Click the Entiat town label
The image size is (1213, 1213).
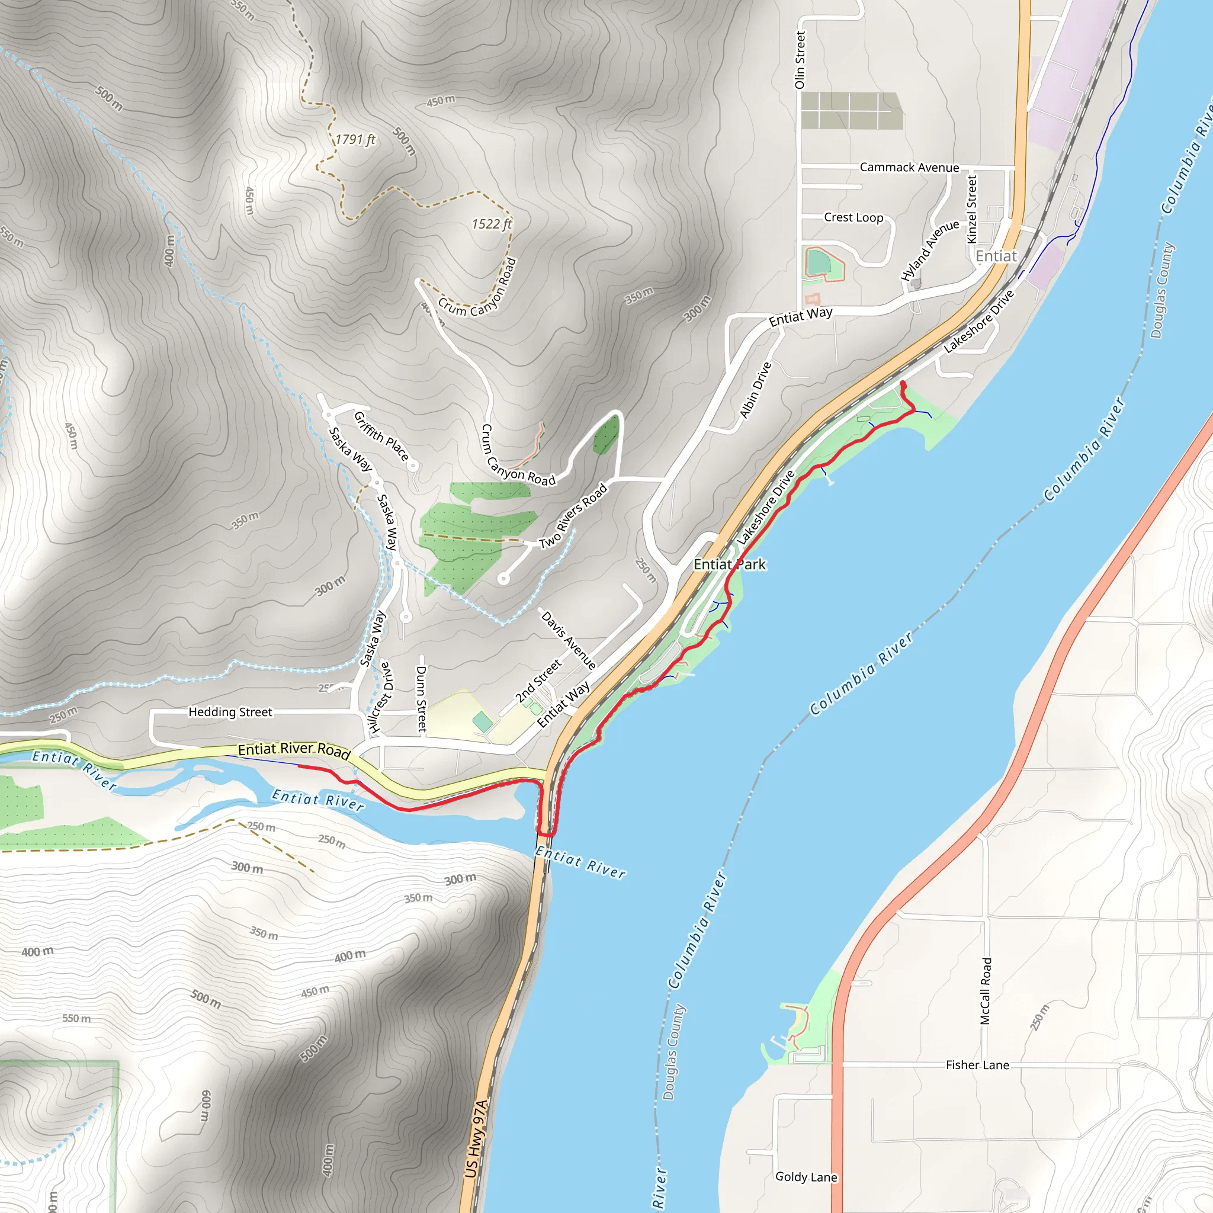click(996, 256)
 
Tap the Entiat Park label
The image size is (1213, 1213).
click(730, 564)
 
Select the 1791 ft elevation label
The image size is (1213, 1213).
click(355, 139)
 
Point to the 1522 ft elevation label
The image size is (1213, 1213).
click(492, 224)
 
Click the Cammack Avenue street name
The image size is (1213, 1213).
click(909, 168)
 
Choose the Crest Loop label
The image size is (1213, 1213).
click(853, 217)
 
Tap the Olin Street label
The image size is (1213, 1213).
click(799, 60)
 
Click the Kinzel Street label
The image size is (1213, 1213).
click(972, 209)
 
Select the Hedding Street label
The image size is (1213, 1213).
click(230, 712)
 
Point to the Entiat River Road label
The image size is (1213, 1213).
click(294, 750)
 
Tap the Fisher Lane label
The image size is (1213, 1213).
click(977, 1065)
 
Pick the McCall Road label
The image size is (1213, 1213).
click(986, 991)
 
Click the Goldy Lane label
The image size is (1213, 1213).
click(806, 1177)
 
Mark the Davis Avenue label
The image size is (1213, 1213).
click(568, 640)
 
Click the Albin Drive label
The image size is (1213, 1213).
click(755, 390)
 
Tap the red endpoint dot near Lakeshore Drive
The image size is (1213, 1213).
click(903, 384)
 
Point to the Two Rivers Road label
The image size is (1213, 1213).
click(573, 515)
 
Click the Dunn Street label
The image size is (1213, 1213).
click(421, 699)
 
